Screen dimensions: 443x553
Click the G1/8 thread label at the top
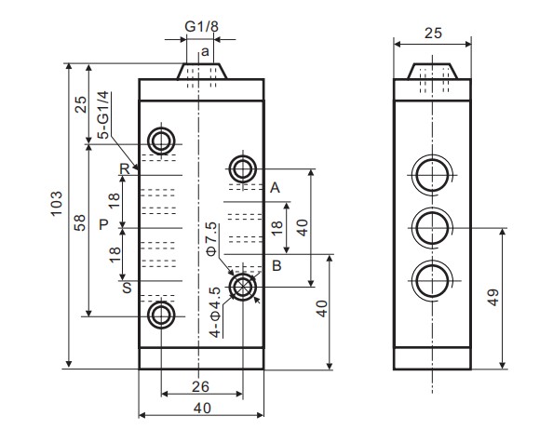click(200, 26)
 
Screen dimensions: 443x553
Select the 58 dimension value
click(80, 224)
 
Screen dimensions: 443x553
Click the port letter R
click(123, 168)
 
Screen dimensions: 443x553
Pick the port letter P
click(103, 224)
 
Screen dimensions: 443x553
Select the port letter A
click(275, 188)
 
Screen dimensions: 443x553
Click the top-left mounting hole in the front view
click(161, 141)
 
